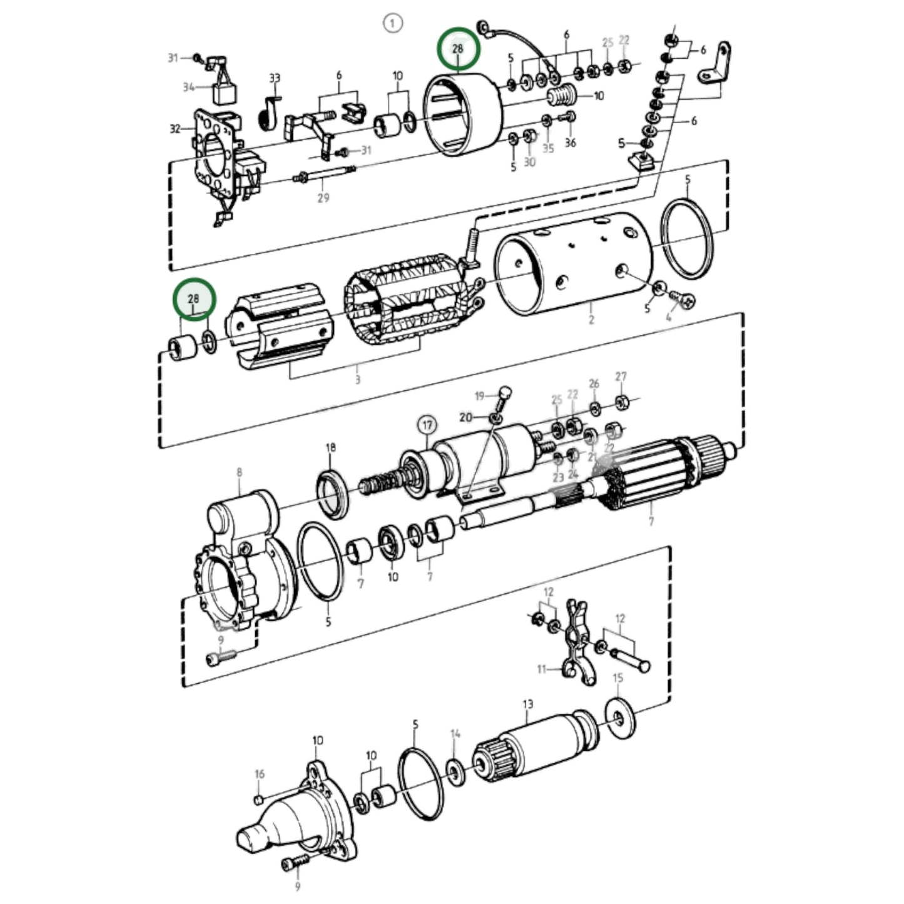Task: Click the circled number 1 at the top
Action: pyautogui.click(x=393, y=24)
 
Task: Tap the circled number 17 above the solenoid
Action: pyautogui.click(x=427, y=426)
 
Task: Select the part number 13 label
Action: pyautogui.click(x=527, y=704)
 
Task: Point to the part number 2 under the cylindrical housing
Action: pyautogui.click(x=591, y=320)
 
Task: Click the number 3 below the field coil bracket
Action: pyautogui.click(x=357, y=380)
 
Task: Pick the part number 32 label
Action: pyautogui.click(x=175, y=129)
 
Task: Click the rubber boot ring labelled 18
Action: pyautogui.click(x=332, y=494)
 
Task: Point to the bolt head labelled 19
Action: pyautogui.click(x=505, y=394)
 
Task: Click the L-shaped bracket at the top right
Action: pyautogui.click(x=715, y=68)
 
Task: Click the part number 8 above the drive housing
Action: pyautogui.click(x=239, y=473)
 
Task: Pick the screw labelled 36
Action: pyautogui.click(x=569, y=117)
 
